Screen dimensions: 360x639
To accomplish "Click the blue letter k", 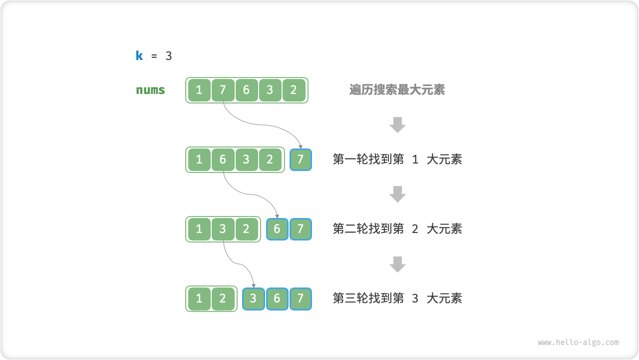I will [x=139, y=56].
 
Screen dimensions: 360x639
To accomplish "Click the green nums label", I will [x=150, y=90].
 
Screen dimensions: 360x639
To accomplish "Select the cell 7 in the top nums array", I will [x=223, y=90].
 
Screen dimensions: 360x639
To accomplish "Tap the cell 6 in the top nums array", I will [x=246, y=90].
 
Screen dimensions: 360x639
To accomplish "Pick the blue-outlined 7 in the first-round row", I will [x=301, y=159].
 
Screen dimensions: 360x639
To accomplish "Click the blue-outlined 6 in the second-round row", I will [x=277, y=229].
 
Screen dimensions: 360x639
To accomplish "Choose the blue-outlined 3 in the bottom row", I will [x=254, y=298].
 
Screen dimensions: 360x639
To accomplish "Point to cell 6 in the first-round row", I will [x=223, y=159].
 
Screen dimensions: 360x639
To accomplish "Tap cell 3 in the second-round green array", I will [x=223, y=229].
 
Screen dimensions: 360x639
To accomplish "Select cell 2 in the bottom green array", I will [x=223, y=298].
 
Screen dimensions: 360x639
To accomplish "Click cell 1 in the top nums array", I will [x=199, y=90].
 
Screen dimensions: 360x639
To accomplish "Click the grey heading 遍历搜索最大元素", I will [x=397, y=90].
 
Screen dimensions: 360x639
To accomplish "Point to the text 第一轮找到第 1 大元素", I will [x=397, y=159].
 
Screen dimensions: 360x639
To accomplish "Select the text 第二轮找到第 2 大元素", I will [x=397, y=229].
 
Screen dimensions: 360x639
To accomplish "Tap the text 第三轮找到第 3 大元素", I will [x=397, y=298].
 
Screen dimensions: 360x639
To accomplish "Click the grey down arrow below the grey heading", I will [x=397, y=124].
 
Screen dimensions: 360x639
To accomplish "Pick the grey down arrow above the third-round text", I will [x=397, y=264].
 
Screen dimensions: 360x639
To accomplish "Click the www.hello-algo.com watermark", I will [x=578, y=342].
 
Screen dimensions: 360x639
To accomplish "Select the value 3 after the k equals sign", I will [x=169, y=56].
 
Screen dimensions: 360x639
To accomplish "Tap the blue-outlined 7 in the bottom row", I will [x=301, y=298].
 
